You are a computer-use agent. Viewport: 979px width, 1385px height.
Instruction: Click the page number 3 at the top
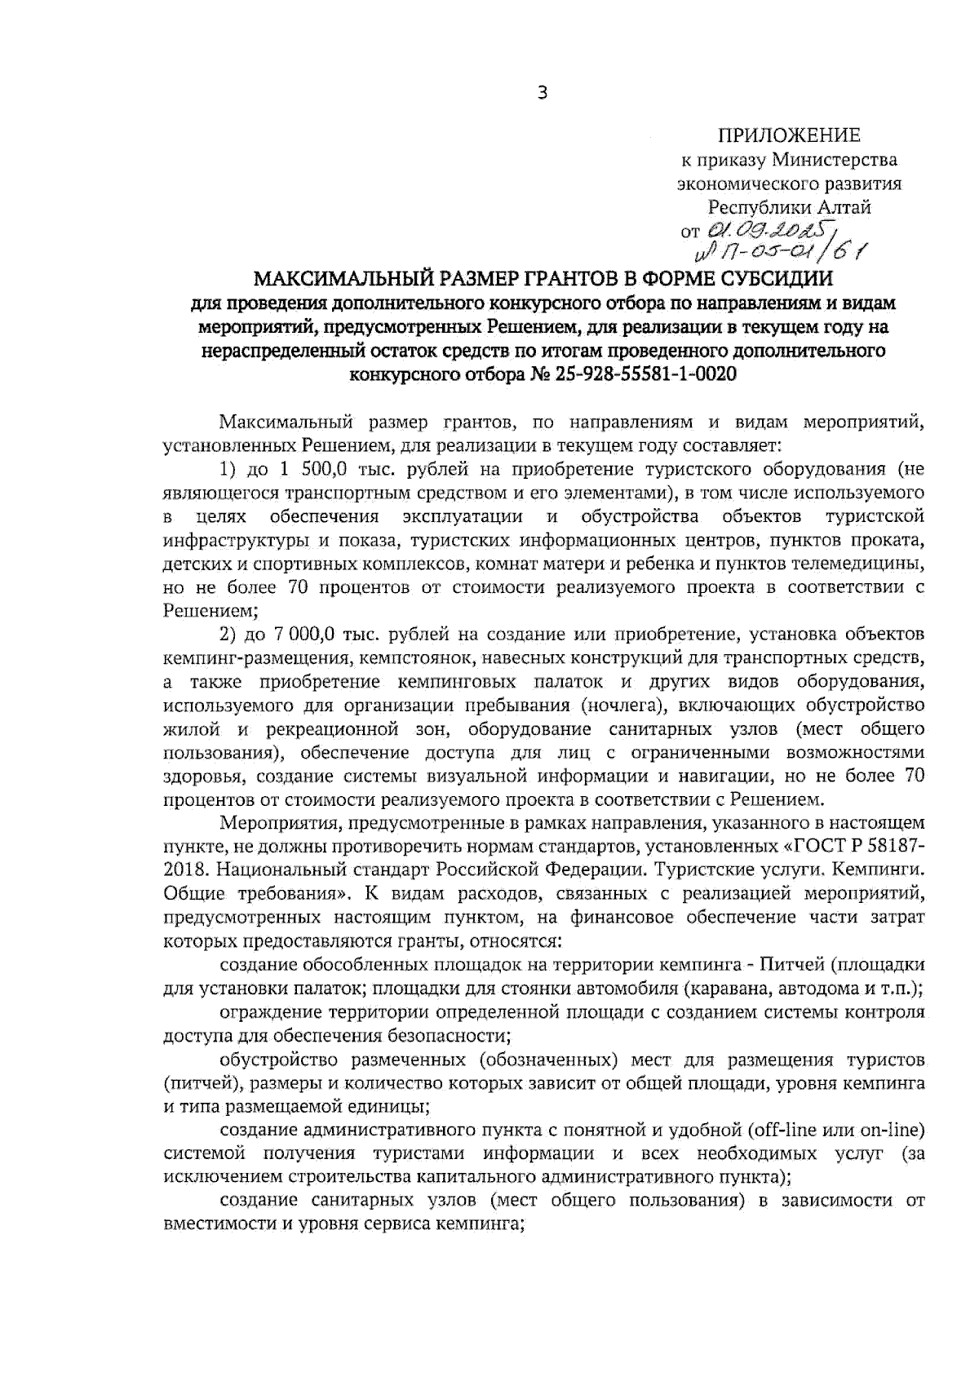(x=543, y=93)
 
